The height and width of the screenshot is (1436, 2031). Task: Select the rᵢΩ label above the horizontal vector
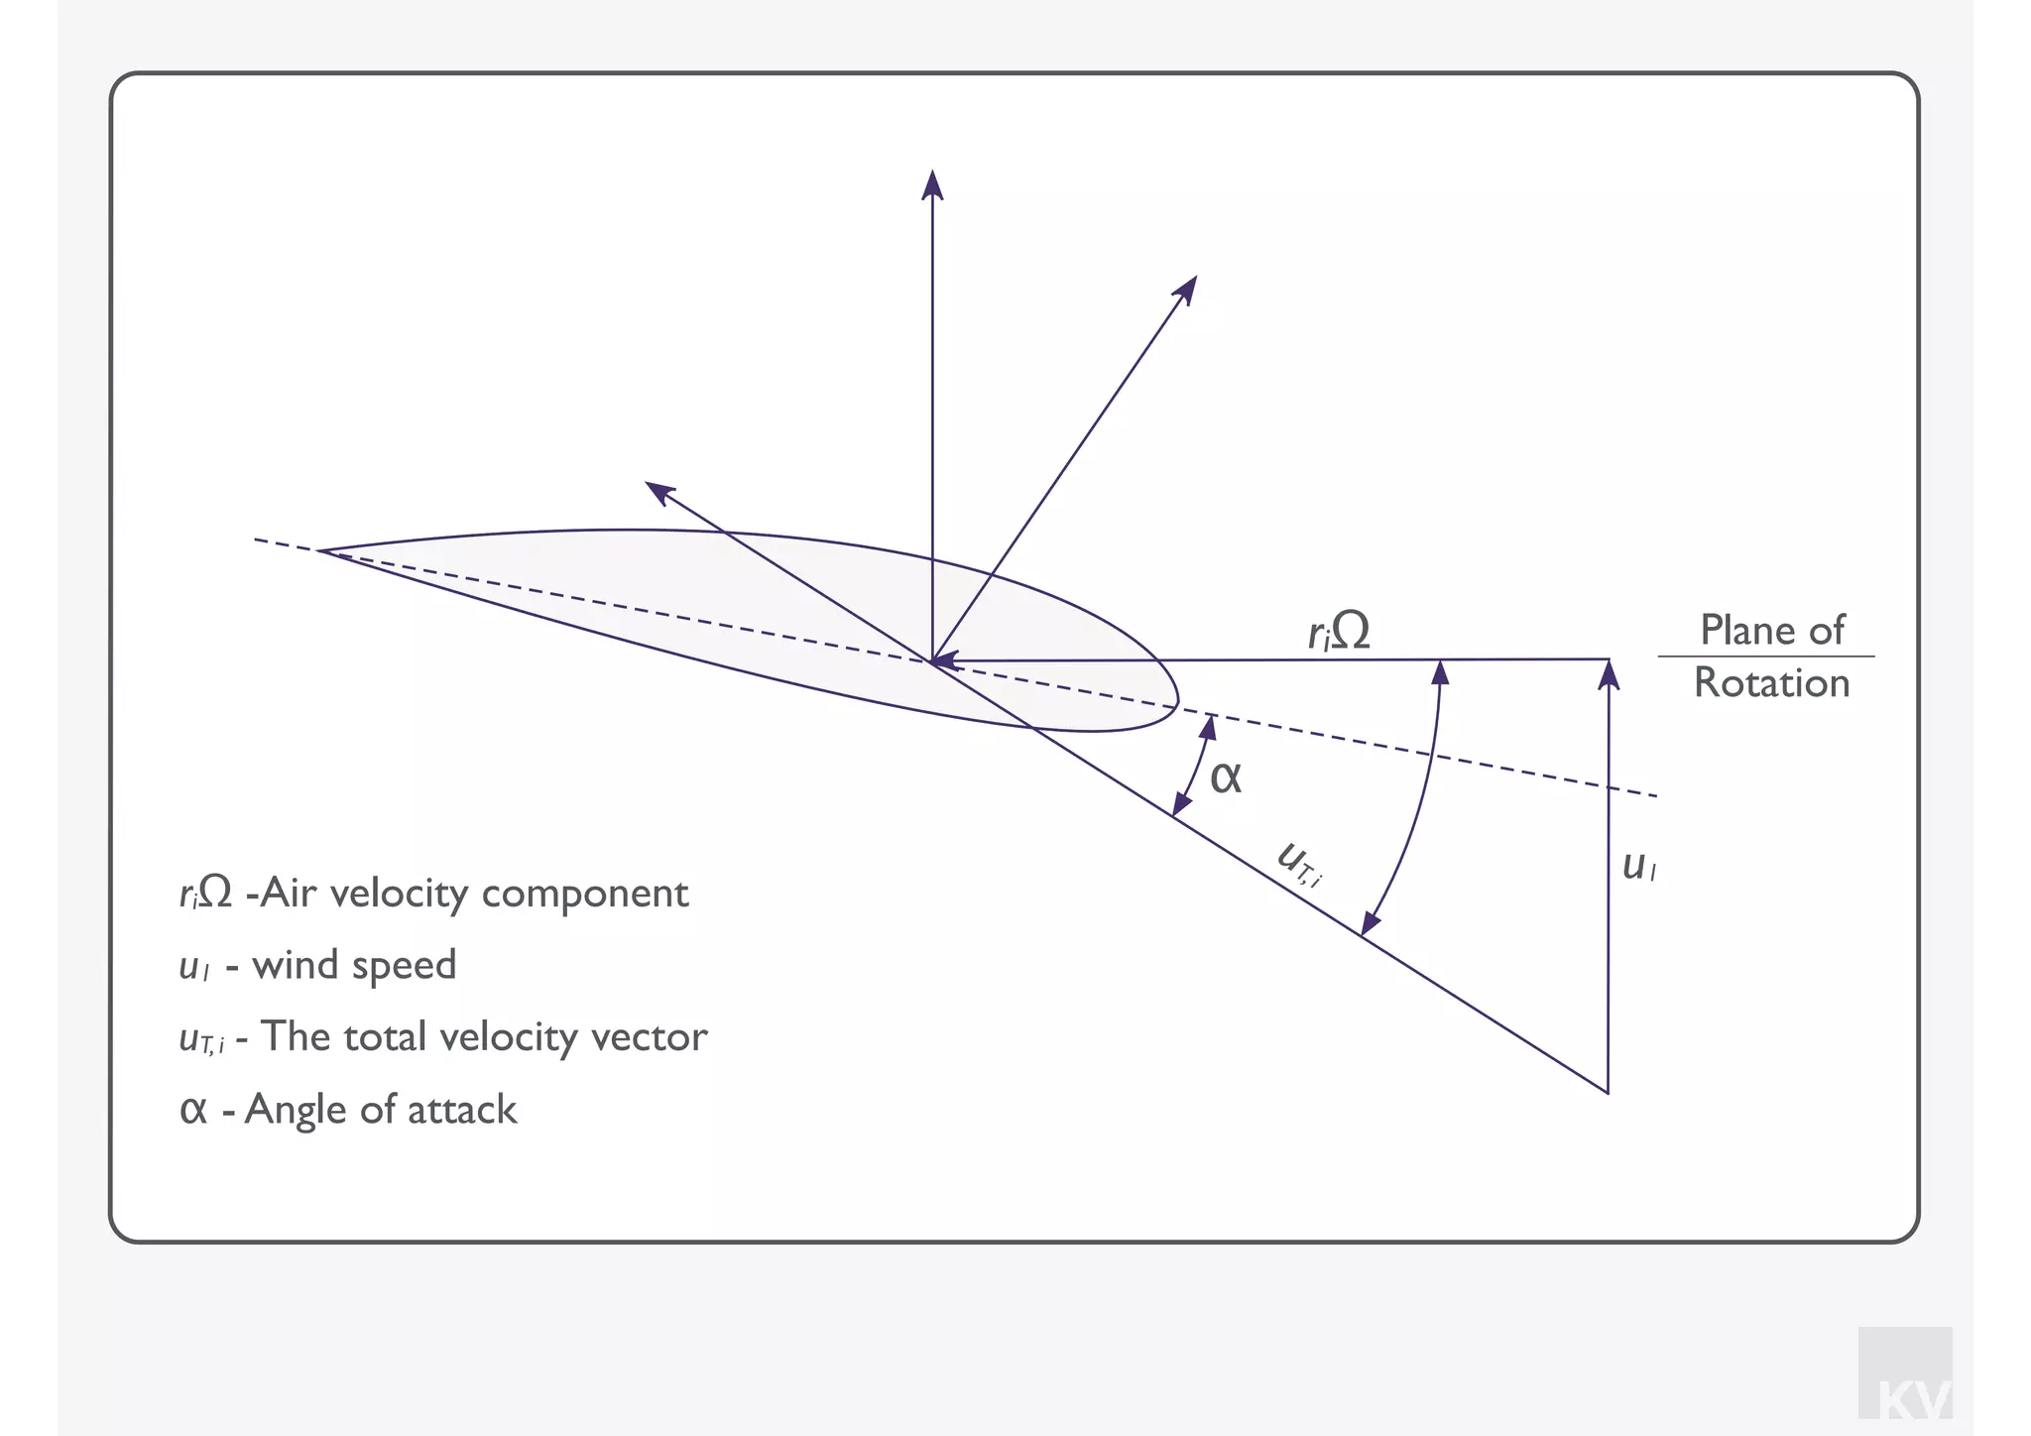point(1339,631)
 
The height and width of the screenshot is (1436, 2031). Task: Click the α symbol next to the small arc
point(1226,777)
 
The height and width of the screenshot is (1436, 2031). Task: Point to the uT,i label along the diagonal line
point(1300,863)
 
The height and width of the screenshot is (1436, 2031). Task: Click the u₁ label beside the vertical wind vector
point(1638,867)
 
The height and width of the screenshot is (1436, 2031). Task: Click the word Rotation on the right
point(1771,683)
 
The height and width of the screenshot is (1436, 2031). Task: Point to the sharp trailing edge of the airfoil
point(320,550)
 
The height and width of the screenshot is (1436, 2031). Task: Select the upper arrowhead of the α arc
point(1208,726)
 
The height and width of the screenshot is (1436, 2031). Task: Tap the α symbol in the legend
point(193,1110)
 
